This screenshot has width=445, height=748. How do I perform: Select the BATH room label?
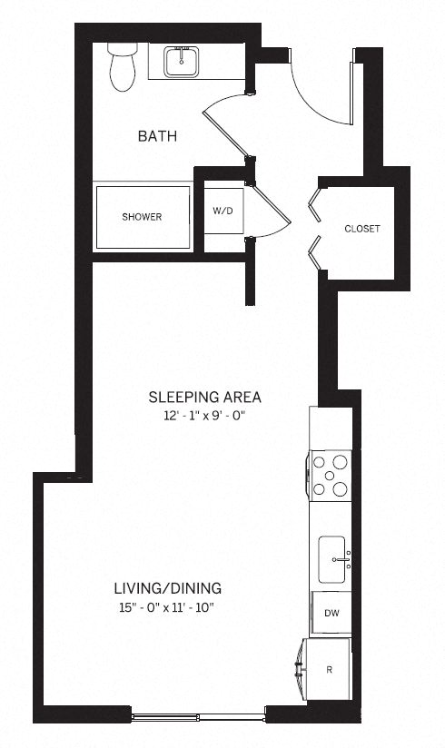point(156,136)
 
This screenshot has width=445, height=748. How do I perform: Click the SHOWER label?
point(142,217)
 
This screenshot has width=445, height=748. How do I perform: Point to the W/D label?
point(222,211)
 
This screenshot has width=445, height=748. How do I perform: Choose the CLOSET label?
point(361,229)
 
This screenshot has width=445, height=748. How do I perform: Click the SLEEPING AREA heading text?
point(205,397)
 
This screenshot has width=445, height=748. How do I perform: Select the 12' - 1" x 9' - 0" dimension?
point(205,416)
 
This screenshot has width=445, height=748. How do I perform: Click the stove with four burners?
point(331,474)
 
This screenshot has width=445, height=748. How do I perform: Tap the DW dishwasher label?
point(331,613)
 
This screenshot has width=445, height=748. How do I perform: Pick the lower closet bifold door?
point(316,252)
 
